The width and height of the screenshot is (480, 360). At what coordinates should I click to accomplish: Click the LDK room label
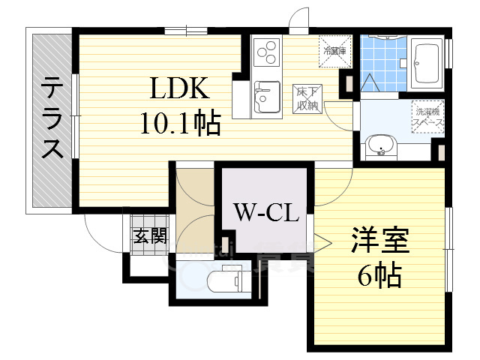pyautogui.click(x=180, y=90)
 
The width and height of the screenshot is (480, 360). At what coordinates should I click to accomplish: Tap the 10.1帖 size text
pyautogui.click(x=180, y=123)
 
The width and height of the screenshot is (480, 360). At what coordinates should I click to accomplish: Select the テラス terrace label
pyautogui.click(x=52, y=118)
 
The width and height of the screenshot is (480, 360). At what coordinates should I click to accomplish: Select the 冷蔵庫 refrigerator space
pyautogui.click(x=335, y=51)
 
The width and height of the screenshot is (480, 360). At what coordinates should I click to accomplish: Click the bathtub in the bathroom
pyautogui.click(x=427, y=64)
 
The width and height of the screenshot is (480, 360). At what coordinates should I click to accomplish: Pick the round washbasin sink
pyautogui.click(x=381, y=144)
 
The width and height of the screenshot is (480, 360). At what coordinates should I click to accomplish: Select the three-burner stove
pyautogui.click(x=266, y=53)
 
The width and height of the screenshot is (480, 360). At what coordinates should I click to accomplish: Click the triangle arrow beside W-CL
pyautogui.click(x=321, y=242)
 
